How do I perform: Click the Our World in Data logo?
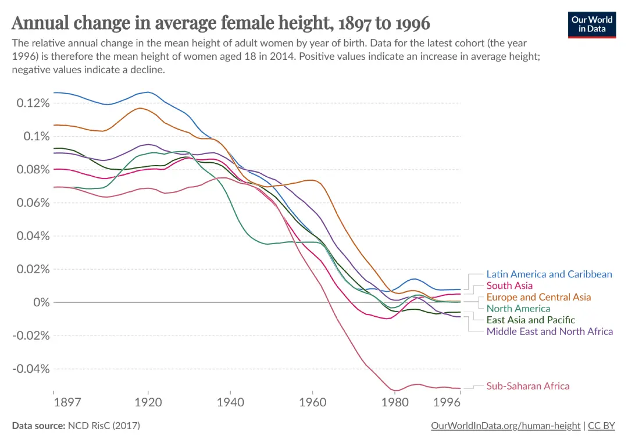click(591, 24)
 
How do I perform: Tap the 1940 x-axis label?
click(230, 402)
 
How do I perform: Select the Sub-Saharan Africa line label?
click(528, 386)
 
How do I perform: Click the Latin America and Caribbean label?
click(549, 274)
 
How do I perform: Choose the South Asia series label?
click(509, 285)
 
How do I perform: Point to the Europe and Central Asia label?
click(538, 297)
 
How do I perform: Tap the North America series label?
click(518, 309)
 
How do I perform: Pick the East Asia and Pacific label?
click(531, 320)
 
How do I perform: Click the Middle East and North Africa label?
click(549, 331)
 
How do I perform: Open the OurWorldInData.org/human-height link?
click(505, 426)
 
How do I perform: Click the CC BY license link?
click(601, 426)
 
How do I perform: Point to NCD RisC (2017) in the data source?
click(103, 426)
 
